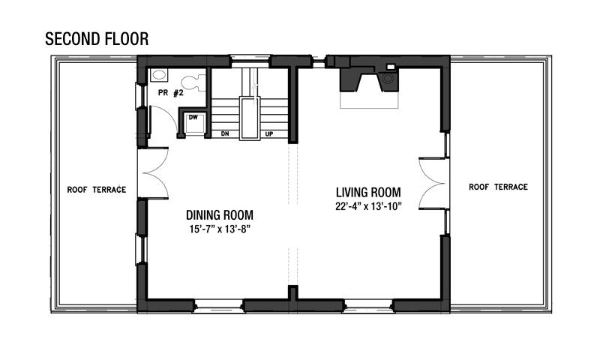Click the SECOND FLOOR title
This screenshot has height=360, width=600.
click(x=97, y=39)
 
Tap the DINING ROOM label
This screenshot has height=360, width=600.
click(x=220, y=215)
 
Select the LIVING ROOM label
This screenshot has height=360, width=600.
click(x=368, y=192)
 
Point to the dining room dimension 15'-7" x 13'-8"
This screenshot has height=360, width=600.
click(x=220, y=229)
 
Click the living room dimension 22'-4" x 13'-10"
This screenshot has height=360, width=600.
click(x=368, y=206)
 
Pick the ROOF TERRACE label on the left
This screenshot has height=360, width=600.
click(x=97, y=190)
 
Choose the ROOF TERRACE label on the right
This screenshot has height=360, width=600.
click(x=498, y=187)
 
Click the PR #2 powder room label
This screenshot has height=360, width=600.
click(x=171, y=93)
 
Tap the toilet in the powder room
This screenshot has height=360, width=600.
click(x=193, y=83)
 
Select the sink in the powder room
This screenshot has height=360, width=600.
click(x=158, y=75)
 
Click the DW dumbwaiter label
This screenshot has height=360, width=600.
click(x=193, y=118)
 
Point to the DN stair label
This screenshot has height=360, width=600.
click(x=225, y=134)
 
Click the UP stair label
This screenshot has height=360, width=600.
click(x=269, y=134)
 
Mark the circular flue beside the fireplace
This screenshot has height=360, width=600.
click(x=388, y=79)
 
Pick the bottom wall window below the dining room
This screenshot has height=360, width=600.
click(x=219, y=306)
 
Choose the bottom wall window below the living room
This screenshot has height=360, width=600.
click(x=369, y=306)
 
